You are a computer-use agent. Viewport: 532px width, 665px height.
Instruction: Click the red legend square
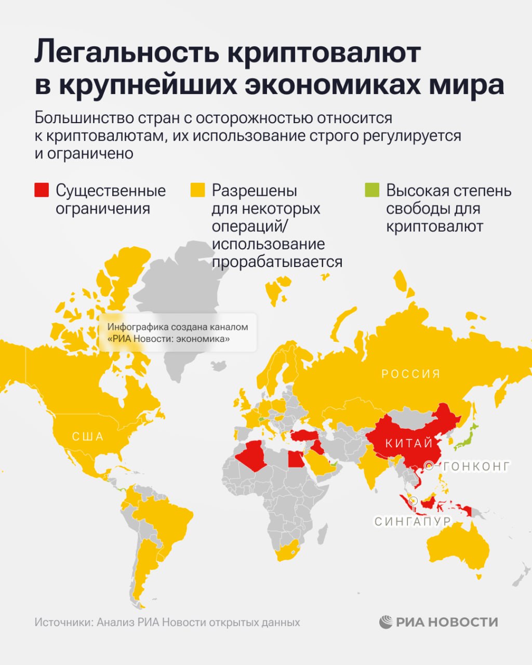click(x=42, y=190)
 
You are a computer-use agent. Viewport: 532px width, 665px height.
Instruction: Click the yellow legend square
click(x=198, y=190)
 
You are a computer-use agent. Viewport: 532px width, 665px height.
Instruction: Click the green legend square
click(x=372, y=190)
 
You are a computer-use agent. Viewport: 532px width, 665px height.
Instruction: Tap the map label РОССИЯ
click(x=411, y=374)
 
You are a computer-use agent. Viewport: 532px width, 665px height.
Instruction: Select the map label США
click(x=88, y=436)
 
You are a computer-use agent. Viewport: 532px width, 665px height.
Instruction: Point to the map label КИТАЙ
click(x=409, y=443)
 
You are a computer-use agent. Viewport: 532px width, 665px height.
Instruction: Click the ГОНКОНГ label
click(x=477, y=466)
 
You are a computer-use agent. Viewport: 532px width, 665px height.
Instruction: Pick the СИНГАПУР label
click(x=413, y=521)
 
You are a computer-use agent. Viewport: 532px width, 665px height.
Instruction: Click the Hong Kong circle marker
click(x=429, y=465)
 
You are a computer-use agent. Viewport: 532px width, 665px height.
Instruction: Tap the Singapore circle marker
click(x=413, y=501)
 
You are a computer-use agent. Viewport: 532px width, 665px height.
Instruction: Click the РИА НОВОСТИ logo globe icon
click(x=386, y=622)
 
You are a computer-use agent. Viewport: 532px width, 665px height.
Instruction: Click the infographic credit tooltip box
click(x=178, y=333)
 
